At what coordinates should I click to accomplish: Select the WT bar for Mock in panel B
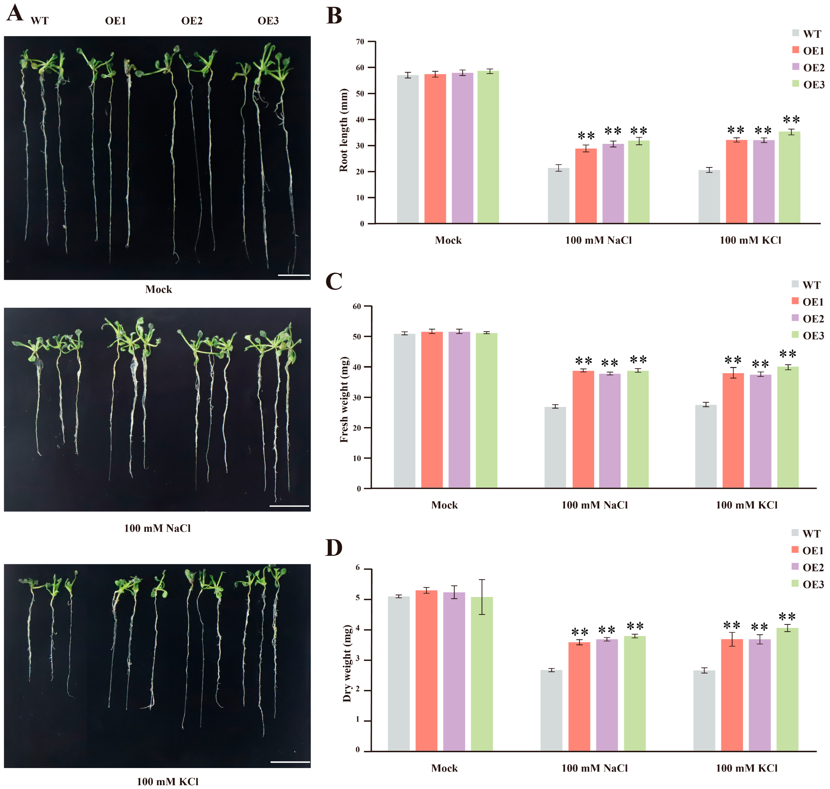point(408,149)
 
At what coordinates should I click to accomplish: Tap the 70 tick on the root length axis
point(360,42)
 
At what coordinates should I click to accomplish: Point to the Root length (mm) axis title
point(344,130)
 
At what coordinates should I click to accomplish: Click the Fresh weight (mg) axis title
point(344,400)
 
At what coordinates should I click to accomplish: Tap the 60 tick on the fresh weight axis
point(357,307)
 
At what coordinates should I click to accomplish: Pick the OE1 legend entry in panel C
point(808,302)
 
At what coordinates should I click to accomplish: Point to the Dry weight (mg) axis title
point(347,664)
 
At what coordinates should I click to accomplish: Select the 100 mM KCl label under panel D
point(746,768)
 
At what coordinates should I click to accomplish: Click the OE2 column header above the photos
point(192,21)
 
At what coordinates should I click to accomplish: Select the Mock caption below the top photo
point(158,289)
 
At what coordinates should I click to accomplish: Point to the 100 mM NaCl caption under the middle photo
point(157,528)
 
